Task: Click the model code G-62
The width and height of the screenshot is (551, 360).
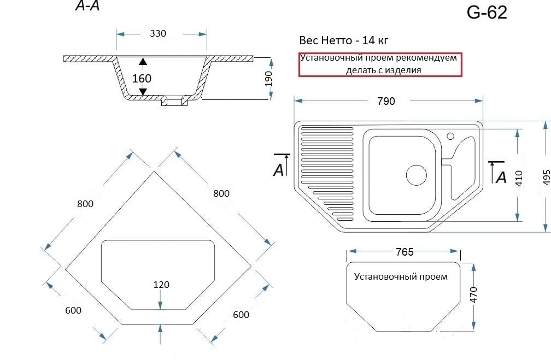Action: click(486, 13)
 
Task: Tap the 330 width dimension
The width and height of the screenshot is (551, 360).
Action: click(158, 33)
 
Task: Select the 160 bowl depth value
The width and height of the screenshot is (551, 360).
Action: click(142, 78)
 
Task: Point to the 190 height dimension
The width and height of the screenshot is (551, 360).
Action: click(269, 79)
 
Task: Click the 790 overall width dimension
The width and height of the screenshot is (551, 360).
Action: click(386, 101)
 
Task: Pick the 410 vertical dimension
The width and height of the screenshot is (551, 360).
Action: click(519, 178)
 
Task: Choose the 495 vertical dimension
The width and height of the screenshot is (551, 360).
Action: click(547, 178)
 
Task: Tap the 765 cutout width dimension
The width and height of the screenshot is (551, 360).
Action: click(405, 252)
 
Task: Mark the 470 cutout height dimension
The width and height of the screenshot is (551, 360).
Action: click(474, 294)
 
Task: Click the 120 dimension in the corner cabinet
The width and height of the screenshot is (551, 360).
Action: click(161, 285)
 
